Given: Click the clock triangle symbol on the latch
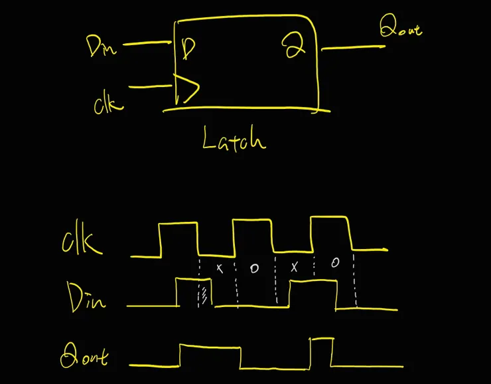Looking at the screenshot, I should [x=186, y=89].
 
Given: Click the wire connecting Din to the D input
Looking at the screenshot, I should [x=147, y=45].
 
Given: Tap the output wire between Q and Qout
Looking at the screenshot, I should [x=352, y=48].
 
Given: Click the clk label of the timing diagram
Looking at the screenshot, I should [x=82, y=241].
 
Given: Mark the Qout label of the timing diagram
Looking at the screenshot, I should [x=84, y=357].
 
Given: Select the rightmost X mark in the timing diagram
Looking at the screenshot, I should [x=295, y=267].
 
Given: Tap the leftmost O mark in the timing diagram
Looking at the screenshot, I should [x=254, y=268].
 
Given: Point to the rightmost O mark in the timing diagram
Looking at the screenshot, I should [x=334, y=263].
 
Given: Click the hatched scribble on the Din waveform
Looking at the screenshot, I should [x=204, y=293].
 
